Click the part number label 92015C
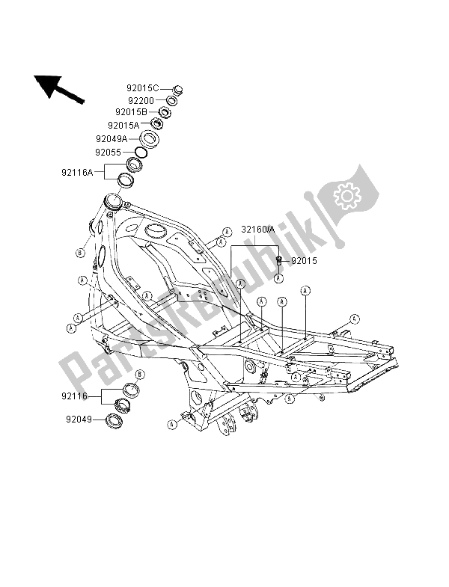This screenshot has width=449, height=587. click(142, 87)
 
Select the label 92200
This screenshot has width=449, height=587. click(141, 100)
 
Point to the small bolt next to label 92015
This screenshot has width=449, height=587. click(278, 261)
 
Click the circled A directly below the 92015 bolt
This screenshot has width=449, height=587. click(278, 278)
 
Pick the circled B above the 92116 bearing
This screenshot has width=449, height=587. click(140, 372)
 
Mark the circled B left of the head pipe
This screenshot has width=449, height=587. click(81, 252)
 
